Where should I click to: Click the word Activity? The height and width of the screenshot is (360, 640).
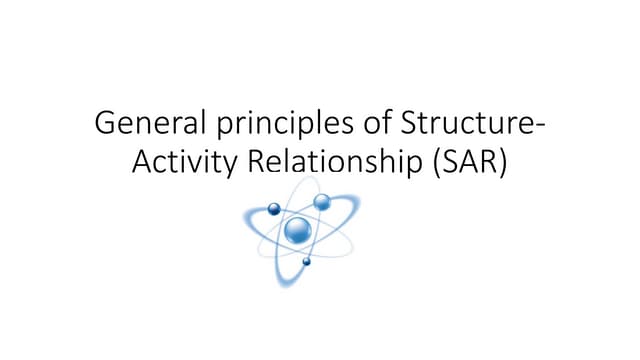coord(182,164)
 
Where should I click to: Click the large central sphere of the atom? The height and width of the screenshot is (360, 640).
coord(297,231)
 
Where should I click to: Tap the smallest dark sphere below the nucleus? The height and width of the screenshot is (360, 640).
coord(306,262)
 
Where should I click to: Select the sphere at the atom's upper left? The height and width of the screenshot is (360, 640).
coord(272,209)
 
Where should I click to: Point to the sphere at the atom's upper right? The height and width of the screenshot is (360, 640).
coord(322,202)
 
